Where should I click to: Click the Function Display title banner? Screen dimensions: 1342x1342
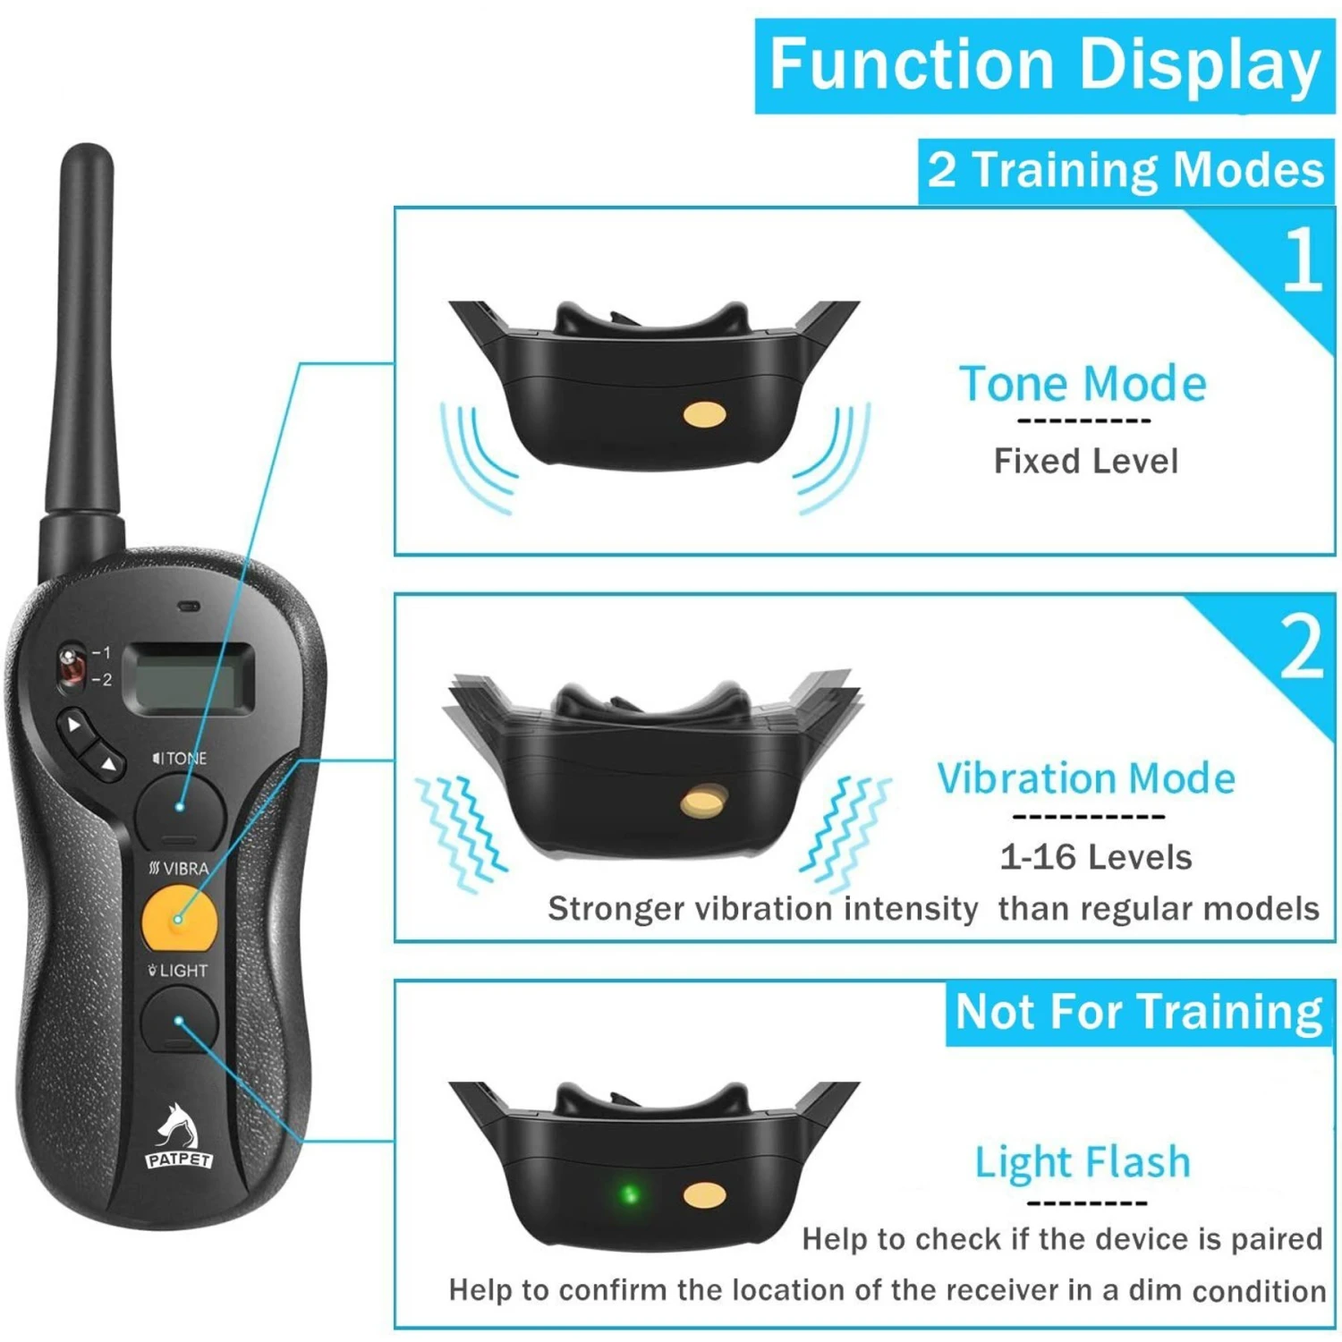click(x=1044, y=65)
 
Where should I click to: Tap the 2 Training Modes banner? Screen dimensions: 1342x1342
click(x=1125, y=170)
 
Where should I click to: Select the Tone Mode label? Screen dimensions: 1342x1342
click(x=1083, y=384)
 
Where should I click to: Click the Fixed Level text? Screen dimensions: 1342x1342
click(x=1085, y=462)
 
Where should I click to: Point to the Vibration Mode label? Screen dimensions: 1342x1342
click(x=1086, y=778)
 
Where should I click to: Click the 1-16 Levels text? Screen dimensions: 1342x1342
click(x=1095, y=857)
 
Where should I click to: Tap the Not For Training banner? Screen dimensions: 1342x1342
click(x=1138, y=1013)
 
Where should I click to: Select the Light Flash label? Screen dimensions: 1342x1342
click(x=1083, y=1162)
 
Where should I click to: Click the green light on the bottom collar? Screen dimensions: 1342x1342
click(x=629, y=1194)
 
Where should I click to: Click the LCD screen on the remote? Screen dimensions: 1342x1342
click(x=189, y=678)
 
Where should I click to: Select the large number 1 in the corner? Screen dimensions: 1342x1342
click(x=1302, y=259)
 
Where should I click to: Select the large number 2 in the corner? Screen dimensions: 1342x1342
click(x=1302, y=646)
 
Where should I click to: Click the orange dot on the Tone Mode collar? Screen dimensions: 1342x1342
click(x=704, y=413)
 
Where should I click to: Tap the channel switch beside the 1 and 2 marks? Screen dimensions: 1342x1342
click(x=71, y=667)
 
